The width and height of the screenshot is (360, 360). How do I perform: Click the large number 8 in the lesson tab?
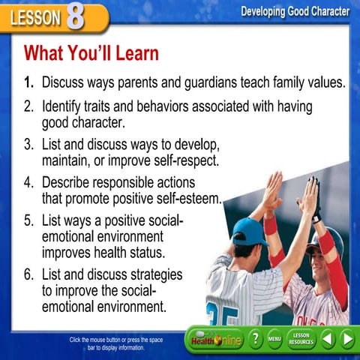point(76,16)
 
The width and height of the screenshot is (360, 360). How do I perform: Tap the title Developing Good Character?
point(295,11)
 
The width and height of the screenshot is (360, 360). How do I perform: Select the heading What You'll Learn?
point(91,54)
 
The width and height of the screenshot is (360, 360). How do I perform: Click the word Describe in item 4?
point(68,182)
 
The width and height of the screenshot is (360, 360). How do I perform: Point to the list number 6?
point(28,274)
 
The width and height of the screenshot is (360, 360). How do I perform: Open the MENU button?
point(275,339)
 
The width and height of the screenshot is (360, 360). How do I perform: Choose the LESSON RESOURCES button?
point(301,339)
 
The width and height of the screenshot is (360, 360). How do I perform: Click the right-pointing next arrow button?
point(347,339)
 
